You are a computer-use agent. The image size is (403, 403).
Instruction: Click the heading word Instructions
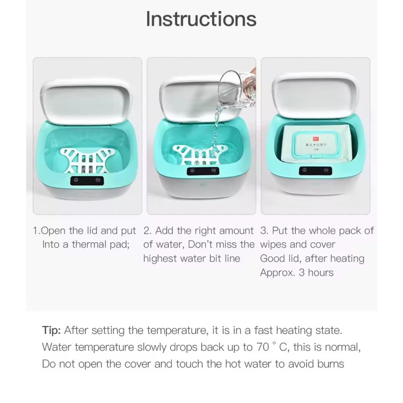(201, 19)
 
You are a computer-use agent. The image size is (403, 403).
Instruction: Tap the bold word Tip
(51, 330)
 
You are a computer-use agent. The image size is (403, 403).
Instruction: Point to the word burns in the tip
(327, 364)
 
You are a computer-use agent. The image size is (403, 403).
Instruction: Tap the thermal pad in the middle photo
(199, 154)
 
